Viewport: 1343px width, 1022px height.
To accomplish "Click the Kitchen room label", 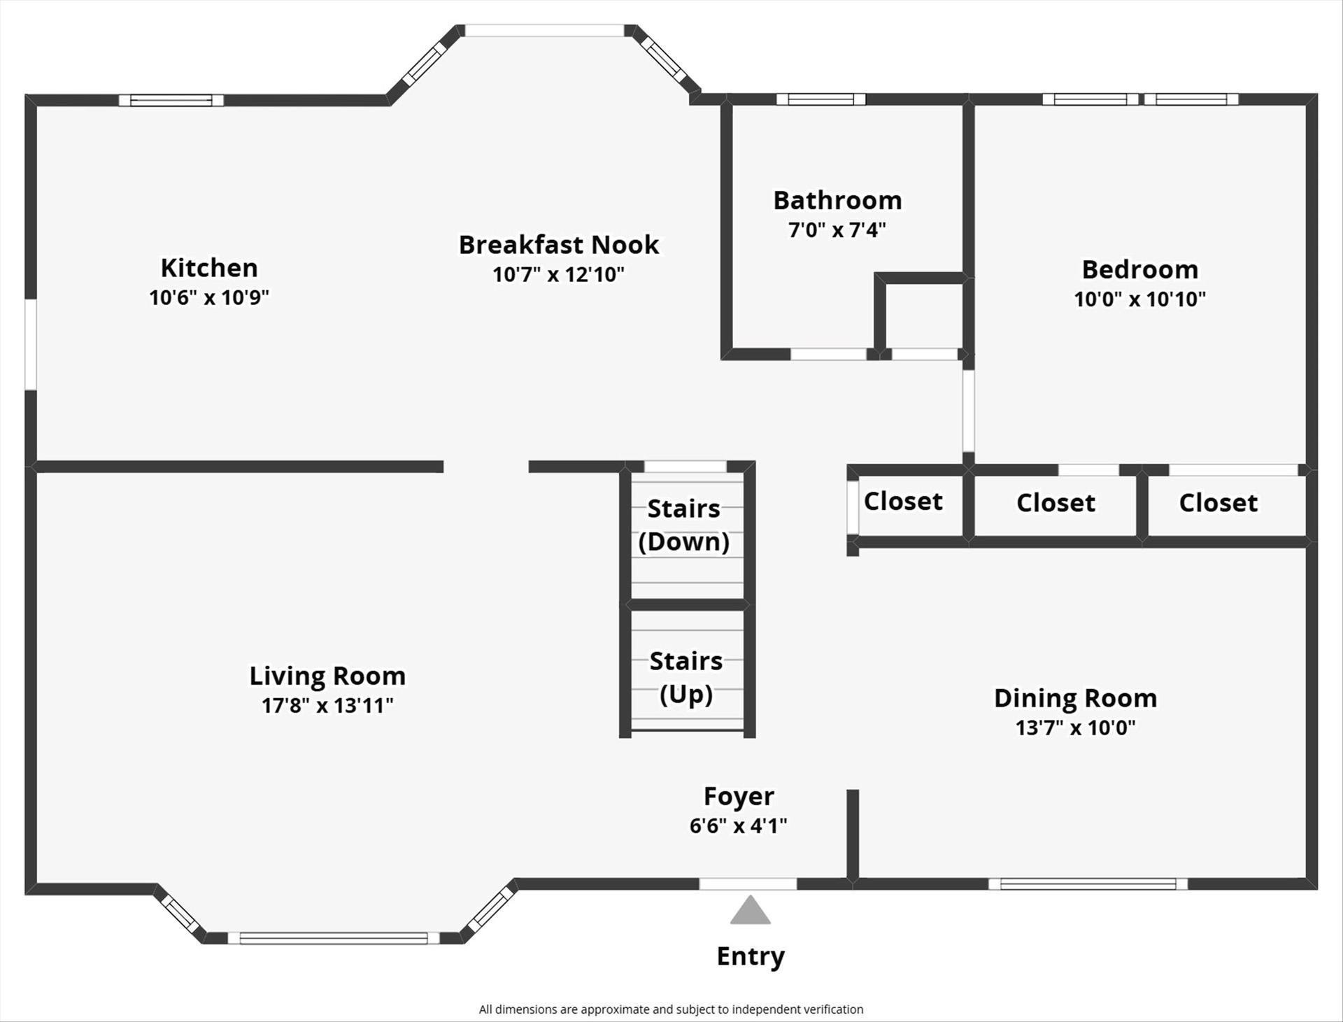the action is coord(209,268).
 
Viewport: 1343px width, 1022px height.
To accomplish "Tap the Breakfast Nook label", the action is coord(559,245).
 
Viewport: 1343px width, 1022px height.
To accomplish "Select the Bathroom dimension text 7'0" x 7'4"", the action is coord(837,229).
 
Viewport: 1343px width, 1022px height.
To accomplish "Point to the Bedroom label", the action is coord(1140,269).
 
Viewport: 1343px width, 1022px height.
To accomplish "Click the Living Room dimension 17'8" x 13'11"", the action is coord(327,705).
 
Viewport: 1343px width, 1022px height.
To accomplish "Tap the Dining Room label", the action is coord(1076,698).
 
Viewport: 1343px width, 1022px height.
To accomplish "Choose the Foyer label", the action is coord(739,796).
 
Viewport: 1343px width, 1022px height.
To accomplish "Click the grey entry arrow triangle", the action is coord(751,910).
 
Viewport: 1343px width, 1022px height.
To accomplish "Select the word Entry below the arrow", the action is coord(751,956).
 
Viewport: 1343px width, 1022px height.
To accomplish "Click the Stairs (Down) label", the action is coord(684,525).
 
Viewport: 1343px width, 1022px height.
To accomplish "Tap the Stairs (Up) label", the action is coord(686,677).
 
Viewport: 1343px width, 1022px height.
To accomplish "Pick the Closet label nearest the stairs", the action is coord(903,501).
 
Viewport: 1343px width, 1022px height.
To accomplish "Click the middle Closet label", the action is coord(1056,502).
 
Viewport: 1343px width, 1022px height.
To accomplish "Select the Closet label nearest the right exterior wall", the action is coord(1218,502).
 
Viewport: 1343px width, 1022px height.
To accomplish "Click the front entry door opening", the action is coord(748,884).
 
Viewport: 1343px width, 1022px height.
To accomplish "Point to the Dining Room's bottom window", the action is coord(1088,884).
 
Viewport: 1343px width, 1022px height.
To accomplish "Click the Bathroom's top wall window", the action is coord(820,99).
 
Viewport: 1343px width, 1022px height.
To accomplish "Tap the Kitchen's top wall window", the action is coord(171,100).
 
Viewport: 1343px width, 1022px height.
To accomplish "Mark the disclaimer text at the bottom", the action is coord(671,1009).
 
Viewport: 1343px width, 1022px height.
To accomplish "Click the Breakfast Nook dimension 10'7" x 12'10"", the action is coord(558,274).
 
